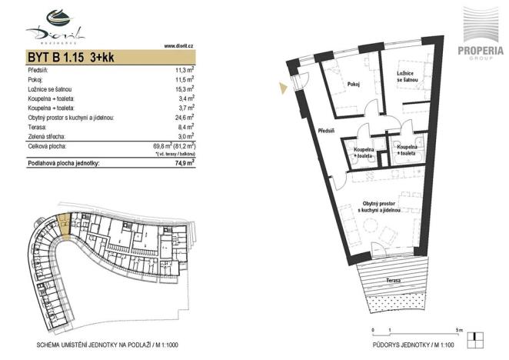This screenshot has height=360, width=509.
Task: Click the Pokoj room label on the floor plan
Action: pyautogui.click(x=354, y=85)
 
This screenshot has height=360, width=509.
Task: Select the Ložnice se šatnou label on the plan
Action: pyautogui.click(x=408, y=77)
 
